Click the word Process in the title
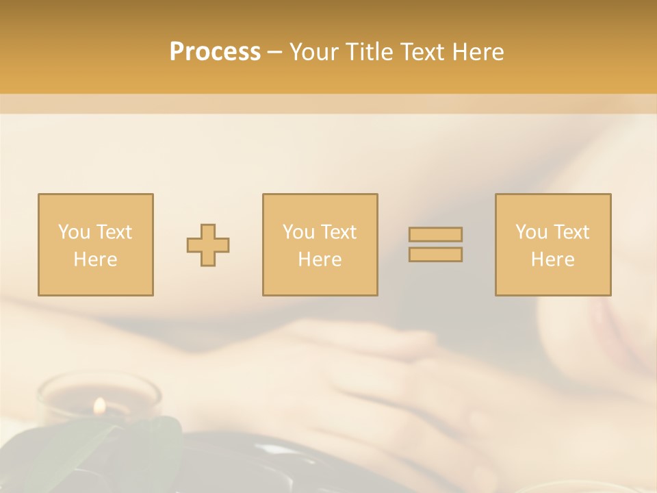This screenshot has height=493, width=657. coord(215,52)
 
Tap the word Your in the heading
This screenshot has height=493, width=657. coord(315,52)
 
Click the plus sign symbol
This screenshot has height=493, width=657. coord(208,245)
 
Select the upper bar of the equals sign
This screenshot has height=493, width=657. coord(435,234)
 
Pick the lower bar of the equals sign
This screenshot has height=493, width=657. coord(435,254)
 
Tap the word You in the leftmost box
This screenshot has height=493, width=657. coord(73,232)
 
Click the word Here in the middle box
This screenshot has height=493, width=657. coord(320,260)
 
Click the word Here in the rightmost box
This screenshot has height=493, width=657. coord(553,260)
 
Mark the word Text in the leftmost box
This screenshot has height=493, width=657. coord(114,232)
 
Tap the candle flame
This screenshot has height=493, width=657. coord(99,405)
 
